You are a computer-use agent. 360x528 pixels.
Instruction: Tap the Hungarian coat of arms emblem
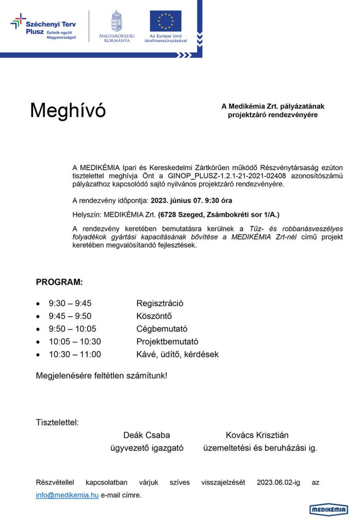tap(117, 22)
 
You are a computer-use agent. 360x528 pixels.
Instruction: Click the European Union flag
tap(166, 21)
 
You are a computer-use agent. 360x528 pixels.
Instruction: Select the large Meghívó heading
tap(68, 110)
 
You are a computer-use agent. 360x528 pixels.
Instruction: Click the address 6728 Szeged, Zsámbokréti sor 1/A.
tap(222, 214)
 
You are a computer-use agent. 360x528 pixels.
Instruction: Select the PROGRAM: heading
tap(59, 282)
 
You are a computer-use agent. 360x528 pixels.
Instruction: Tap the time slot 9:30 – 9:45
tap(70, 303)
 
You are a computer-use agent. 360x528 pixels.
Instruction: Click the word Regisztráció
tap(159, 303)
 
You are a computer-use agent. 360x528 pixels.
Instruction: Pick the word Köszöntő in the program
tap(154, 316)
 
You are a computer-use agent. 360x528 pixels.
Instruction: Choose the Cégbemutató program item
tap(161, 329)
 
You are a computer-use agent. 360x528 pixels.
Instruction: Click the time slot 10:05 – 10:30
tap(75, 341)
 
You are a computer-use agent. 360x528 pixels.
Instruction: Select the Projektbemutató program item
tap(167, 341)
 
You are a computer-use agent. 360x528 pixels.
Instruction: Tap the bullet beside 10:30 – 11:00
tap(38, 355)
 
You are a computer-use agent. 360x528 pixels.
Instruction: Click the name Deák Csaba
tap(146, 435)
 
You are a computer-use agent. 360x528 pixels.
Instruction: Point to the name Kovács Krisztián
tap(257, 435)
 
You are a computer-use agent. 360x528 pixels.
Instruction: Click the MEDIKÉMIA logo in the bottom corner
tap(329, 509)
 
